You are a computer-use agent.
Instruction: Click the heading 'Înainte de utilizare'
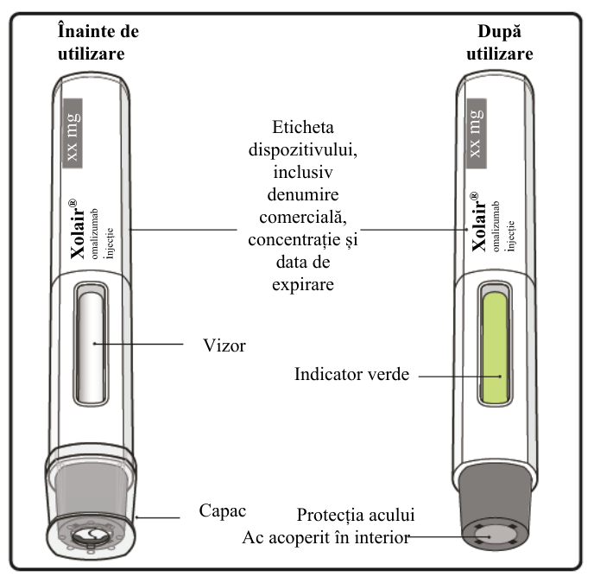98,42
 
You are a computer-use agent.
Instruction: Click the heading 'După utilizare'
500,42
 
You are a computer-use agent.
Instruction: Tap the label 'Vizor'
224,345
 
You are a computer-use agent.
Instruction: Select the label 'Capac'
223,511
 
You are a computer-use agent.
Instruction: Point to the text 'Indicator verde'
352,375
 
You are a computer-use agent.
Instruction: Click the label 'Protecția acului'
356,515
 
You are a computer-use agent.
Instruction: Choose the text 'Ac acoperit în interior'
326,537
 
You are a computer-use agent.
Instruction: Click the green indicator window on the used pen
495,348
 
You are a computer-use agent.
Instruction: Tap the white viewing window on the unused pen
92,347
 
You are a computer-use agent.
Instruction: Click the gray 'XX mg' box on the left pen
73,133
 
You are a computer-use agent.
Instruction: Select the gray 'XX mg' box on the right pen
477,133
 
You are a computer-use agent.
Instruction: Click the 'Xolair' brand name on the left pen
79,229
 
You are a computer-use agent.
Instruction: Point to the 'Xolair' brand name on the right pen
479,222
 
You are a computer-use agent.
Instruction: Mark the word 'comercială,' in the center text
303,218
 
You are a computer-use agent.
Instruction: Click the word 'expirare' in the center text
303,285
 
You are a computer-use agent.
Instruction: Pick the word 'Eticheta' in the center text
303,127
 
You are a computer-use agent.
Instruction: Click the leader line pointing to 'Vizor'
139,344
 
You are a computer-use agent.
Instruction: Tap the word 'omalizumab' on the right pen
496,226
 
